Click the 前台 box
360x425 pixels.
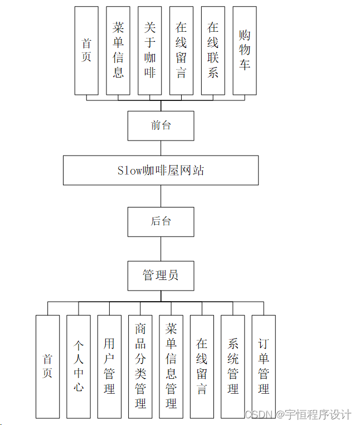click(160, 125)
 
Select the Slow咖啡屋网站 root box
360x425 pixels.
click(160, 170)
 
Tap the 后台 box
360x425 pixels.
click(160, 221)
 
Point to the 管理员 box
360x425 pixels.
click(160, 275)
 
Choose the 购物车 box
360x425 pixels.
click(245, 50)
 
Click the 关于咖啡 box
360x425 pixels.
click(149, 50)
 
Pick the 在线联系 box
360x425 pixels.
click(213, 50)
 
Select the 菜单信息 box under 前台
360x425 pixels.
click(118, 50)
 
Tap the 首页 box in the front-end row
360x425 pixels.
click(86, 50)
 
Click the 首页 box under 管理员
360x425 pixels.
click(47, 366)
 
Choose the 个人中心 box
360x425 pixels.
click(79, 366)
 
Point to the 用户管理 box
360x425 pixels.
click(109, 366)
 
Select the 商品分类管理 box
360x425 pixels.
click(140, 366)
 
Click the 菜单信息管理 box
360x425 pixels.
click(171, 366)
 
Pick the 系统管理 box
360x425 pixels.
click(233, 366)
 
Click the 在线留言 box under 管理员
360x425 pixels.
click(202, 366)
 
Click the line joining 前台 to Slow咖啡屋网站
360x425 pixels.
click(161, 148)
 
